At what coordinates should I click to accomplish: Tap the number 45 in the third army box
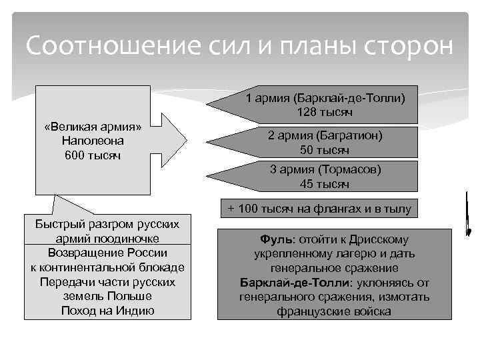pyautogui.click(x=307, y=184)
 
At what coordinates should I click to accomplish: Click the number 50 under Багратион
pyautogui.click(x=307, y=149)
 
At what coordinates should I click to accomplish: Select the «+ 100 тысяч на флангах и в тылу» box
pyautogui.click(x=319, y=209)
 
